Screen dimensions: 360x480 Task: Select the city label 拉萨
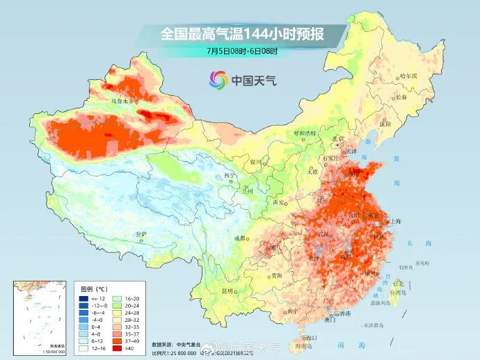[x=142, y=234]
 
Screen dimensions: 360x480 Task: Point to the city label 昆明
[x=227, y=290]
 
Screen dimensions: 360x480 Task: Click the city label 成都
[x=241, y=238]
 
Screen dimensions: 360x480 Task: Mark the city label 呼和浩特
[x=304, y=132]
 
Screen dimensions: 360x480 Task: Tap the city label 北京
[x=339, y=138]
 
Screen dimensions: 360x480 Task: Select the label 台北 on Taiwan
[x=398, y=284]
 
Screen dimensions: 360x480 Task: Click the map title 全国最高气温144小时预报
[x=243, y=33]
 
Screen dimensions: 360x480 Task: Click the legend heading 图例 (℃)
[x=92, y=286]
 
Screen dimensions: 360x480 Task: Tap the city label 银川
[x=255, y=161]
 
